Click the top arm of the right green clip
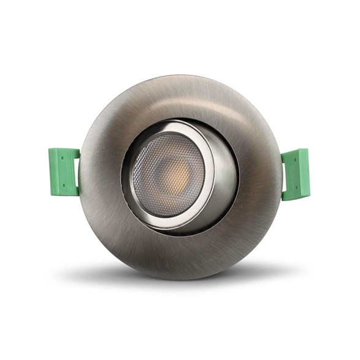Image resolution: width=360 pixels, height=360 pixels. coord(296,152)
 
